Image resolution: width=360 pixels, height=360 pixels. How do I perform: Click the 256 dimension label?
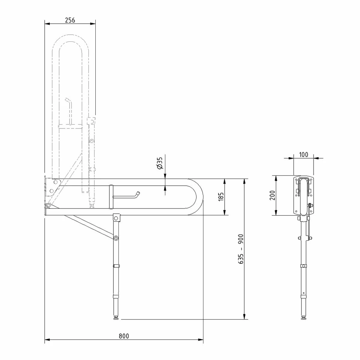click(x=70, y=20)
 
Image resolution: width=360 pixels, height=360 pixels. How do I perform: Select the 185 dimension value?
click(x=221, y=197)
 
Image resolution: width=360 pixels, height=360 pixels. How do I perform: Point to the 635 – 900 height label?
click(x=241, y=249)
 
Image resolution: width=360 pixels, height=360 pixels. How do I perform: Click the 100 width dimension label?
click(x=304, y=154)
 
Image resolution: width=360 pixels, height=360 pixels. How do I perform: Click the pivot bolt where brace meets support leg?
click(x=116, y=238)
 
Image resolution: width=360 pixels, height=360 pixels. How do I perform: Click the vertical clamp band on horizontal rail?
click(x=111, y=197)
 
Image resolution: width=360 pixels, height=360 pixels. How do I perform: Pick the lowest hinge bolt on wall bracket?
click(x=48, y=205)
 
